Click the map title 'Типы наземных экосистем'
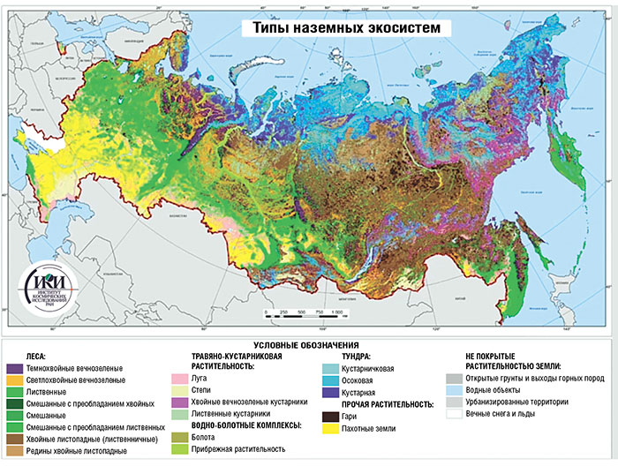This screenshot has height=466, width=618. point(346,27)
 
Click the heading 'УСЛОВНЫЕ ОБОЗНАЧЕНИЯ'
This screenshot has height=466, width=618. point(308,344)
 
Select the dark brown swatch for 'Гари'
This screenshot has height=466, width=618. point(330,416)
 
